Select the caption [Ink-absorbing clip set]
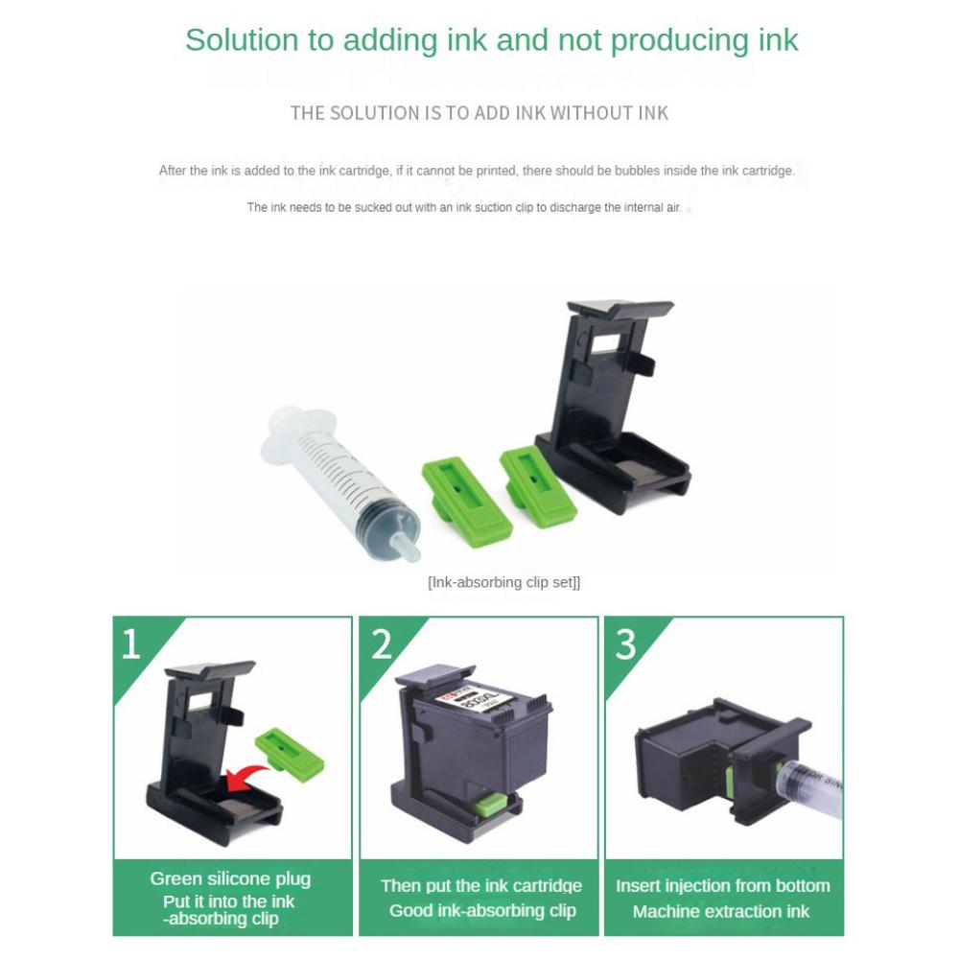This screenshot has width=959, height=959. pos(503,582)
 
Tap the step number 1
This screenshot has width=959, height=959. pos(130,644)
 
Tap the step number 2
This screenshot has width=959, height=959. pos(382,644)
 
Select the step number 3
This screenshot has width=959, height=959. pos(626,644)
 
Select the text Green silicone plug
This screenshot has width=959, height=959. pos(230,878)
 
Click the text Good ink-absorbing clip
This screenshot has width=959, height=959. pos(482,910)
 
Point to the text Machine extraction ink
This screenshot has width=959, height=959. pos(721,911)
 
